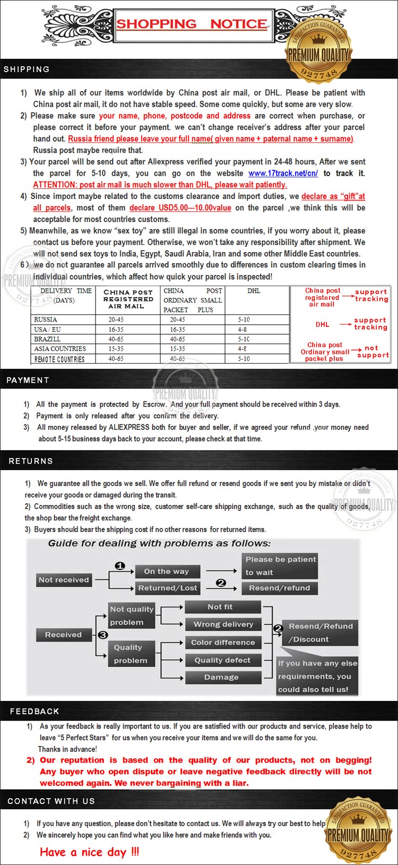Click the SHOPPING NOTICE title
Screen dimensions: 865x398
192,24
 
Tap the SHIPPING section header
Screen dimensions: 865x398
27,70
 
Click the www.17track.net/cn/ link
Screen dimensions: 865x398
283,174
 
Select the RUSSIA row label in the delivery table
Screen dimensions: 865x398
46,320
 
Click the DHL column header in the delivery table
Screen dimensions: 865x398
254,291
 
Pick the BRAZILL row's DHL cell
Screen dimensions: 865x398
244,339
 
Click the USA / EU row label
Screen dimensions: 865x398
47,330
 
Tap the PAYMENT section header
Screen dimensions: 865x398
28,380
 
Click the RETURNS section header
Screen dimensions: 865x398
31,461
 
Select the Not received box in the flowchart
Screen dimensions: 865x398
64,580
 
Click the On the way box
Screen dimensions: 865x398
166,572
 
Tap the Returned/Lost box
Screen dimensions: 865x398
168,588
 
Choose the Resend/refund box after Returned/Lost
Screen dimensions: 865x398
279,588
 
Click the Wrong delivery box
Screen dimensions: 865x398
223,625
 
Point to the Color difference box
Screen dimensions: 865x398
223,643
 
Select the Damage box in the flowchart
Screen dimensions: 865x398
221,678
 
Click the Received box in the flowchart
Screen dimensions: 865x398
63,635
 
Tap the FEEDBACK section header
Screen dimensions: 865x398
34,712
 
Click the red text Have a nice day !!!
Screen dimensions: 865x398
90,852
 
